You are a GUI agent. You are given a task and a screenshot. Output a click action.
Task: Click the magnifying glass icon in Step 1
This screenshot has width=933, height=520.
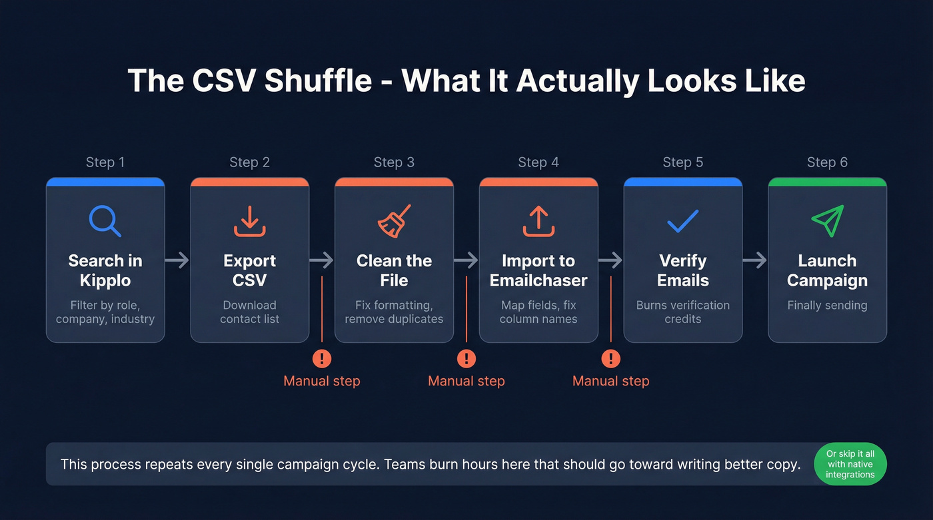105,221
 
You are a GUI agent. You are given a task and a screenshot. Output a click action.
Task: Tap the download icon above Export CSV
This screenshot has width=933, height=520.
250,221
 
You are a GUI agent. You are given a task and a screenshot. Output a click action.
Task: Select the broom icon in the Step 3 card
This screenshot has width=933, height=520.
394,221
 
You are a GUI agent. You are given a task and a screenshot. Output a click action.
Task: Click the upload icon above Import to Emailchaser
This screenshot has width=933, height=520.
538,221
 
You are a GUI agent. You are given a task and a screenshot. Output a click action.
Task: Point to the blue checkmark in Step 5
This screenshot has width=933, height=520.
682,221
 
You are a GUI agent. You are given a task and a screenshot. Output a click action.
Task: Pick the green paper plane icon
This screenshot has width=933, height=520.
827,221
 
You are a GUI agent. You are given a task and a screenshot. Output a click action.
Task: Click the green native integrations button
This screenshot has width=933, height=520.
850,464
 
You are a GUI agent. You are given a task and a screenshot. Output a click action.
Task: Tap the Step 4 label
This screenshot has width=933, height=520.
538,162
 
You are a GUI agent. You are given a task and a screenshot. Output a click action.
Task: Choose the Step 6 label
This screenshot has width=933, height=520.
827,162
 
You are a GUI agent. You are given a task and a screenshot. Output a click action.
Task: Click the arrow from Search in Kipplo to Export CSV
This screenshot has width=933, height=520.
177,260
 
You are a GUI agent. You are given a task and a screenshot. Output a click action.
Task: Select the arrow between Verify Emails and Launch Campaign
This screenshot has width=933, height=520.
755,260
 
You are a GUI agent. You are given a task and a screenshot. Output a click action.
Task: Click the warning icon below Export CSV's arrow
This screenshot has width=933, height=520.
322,359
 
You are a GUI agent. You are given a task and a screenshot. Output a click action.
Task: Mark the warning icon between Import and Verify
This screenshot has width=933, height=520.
610,359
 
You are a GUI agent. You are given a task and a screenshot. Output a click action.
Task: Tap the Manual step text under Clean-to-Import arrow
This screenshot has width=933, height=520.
467,382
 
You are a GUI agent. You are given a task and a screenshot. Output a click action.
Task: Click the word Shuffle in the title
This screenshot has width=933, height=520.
318,81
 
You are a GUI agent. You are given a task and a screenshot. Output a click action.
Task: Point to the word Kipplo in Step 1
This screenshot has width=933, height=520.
105,280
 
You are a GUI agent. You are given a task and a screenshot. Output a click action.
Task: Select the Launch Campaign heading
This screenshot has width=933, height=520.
827,270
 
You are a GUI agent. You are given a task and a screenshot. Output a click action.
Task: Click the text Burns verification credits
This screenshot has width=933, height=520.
682,312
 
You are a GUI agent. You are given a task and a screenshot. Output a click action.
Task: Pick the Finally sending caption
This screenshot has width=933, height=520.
827,306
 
